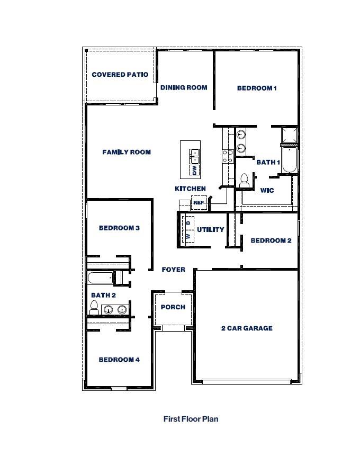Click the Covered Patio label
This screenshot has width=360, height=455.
(x=120, y=75)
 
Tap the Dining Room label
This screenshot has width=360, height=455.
(x=184, y=87)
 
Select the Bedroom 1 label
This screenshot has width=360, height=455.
(x=257, y=88)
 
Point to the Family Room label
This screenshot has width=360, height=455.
(x=127, y=152)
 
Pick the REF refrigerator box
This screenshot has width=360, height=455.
(x=199, y=202)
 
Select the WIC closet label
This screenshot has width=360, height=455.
(x=267, y=190)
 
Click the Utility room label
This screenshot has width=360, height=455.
(x=211, y=230)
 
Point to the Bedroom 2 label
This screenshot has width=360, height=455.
(x=271, y=240)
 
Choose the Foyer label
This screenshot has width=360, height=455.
(x=174, y=270)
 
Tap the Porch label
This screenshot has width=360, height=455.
(x=173, y=307)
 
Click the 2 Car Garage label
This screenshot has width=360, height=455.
(x=247, y=328)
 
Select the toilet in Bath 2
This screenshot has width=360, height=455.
(x=95, y=307)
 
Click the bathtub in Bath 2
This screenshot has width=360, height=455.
(x=101, y=278)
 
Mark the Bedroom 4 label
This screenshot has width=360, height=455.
(x=119, y=360)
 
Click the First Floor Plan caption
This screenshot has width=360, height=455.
(x=191, y=418)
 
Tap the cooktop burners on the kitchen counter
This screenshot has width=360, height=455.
(x=228, y=156)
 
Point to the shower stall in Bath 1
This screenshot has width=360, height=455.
(x=289, y=136)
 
